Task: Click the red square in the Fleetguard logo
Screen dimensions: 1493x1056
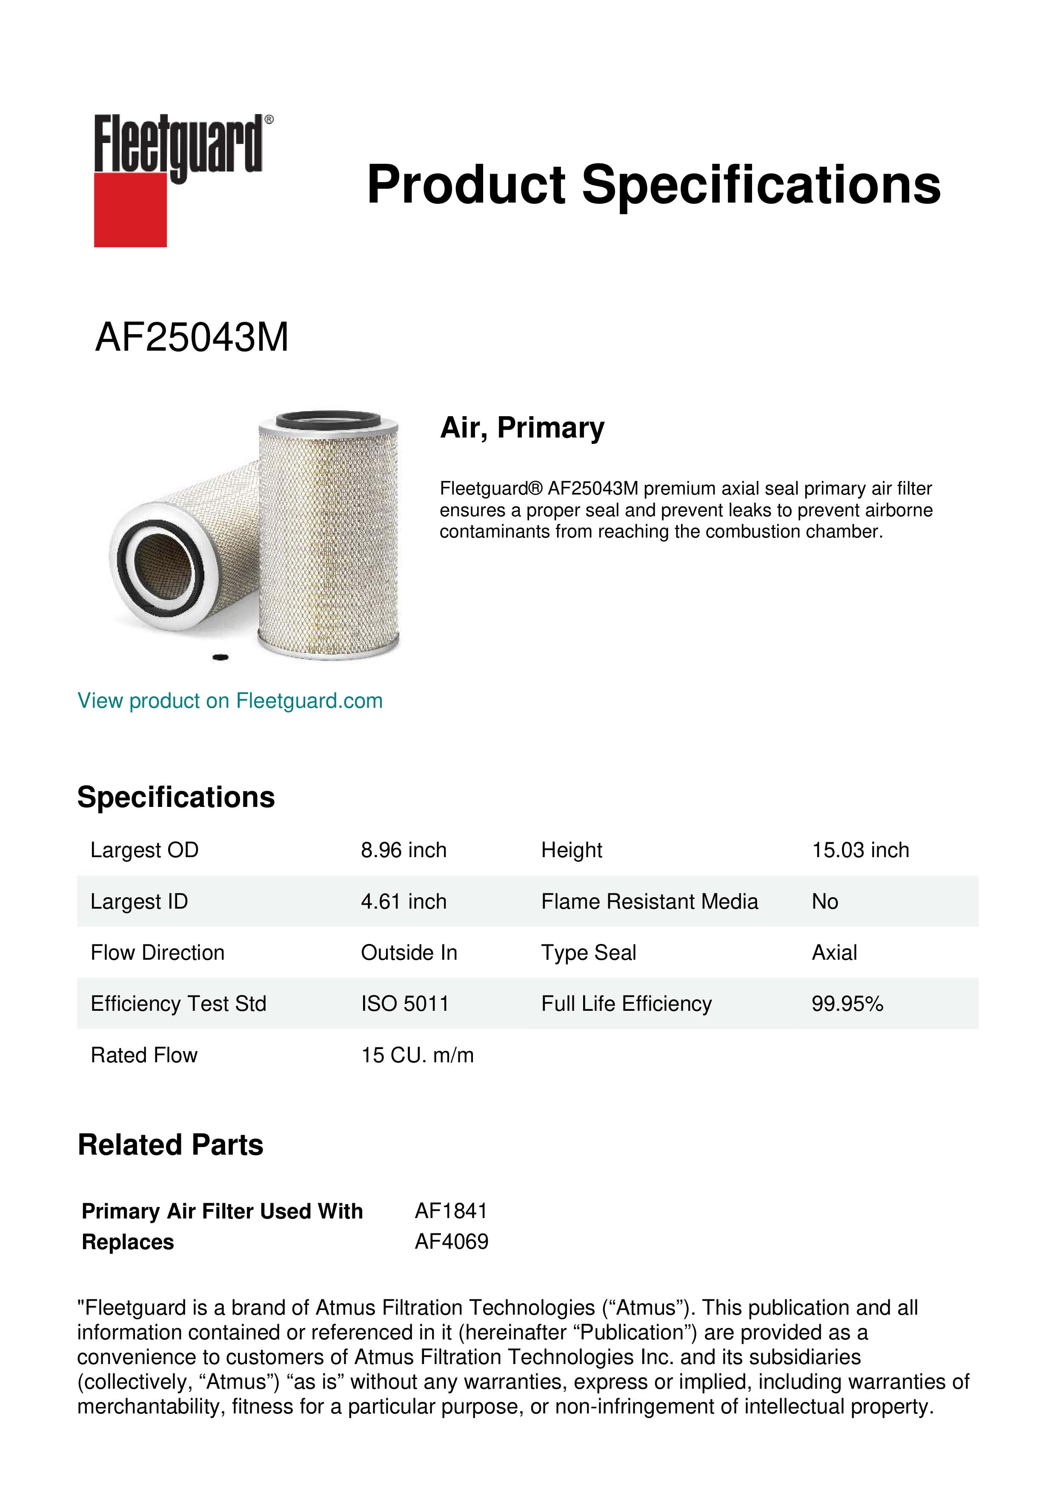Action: (130, 209)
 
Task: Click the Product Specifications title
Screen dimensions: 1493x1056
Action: (653, 185)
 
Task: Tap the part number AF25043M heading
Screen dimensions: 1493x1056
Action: (192, 338)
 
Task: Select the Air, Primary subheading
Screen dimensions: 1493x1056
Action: (522, 428)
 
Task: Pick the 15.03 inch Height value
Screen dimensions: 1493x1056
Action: (860, 850)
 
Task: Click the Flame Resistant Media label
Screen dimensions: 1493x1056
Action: (649, 901)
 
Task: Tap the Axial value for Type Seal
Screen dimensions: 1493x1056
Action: (834, 952)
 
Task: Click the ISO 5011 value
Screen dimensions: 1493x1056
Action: (404, 1004)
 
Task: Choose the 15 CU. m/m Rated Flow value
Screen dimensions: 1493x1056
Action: (417, 1055)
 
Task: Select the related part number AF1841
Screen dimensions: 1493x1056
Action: (451, 1211)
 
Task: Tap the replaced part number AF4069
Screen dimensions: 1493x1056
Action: (451, 1241)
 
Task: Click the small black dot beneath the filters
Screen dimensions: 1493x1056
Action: (221, 658)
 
